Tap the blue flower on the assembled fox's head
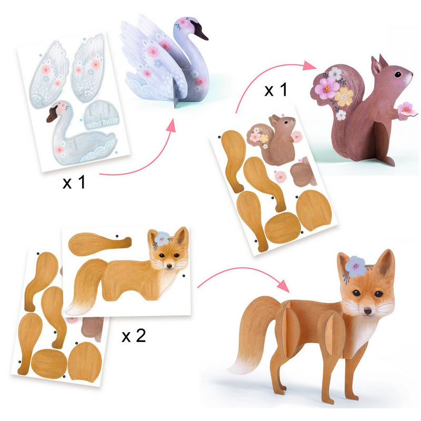click(x=356, y=266)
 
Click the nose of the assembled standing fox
click(x=368, y=312)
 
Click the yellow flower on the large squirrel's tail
click(x=344, y=97)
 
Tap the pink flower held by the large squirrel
click(x=407, y=109)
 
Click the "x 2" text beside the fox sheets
click(x=134, y=336)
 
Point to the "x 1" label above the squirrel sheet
click(x=276, y=89)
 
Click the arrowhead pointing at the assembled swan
click(x=171, y=126)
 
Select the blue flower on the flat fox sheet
click(x=162, y=238)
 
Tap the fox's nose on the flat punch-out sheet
click(x=169, y=266)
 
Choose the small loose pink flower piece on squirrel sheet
click(x=280, y=177)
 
